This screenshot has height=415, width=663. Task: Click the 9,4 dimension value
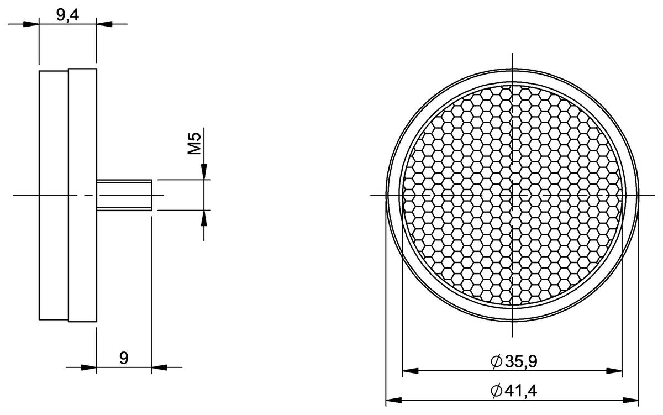click(x=67, y=15)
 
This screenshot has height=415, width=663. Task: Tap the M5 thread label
click(x=194, y=144)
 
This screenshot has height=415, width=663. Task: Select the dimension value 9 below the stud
click(x=124, y=358)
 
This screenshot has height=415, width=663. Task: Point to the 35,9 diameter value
click(x=521, y=362)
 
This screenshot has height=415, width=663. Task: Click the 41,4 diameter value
click(x=520, y=391)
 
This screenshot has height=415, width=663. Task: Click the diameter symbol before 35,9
click(x=496, y=362)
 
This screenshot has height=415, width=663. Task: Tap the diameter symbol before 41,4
click(x=496, y=391)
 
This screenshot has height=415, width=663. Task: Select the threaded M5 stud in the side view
click(x=124, y=195)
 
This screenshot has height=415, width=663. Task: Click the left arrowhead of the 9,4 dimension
click(x=31, y=24)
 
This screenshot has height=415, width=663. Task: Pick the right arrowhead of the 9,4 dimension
click(x=104, y=24)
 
